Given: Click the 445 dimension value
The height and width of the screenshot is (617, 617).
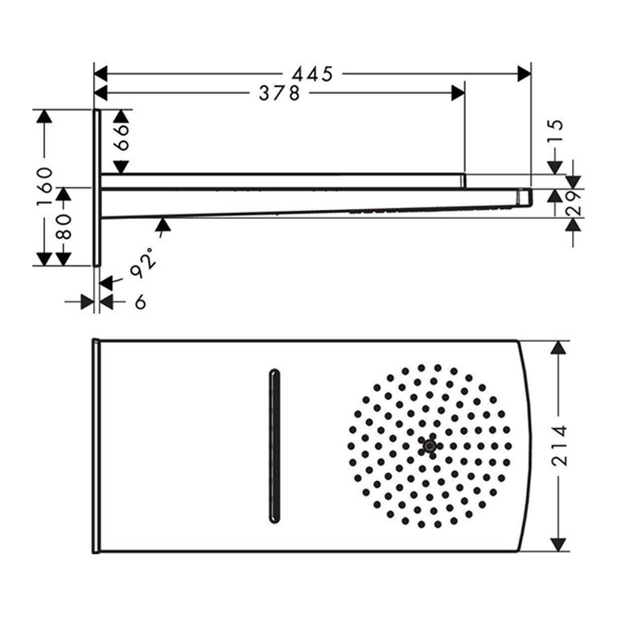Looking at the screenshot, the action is pyautogui.click(x=312, y=74).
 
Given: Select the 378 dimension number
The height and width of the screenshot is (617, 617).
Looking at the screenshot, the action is pyautogui.click(x=279, y=93).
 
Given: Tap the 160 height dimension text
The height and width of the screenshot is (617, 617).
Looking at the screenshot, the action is pyautogui.click(x=44, y=186).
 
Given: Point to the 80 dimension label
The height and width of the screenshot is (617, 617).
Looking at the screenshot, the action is pyautogui.click(x=64, y=227).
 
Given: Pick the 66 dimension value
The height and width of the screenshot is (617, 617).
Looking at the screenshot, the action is pyautogui.click(x=122, y=137).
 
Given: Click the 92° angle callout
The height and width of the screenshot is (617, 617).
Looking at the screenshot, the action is pyautogui.click(x=142, y=263).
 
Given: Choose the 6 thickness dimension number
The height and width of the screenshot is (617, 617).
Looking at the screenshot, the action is pyautogui.click(x=141, y=302).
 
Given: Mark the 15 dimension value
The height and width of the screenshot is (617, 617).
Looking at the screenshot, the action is pyautogui.click(x=555, y=130).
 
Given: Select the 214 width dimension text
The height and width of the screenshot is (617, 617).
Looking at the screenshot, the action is pyautogui.click(x=559, y=446).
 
